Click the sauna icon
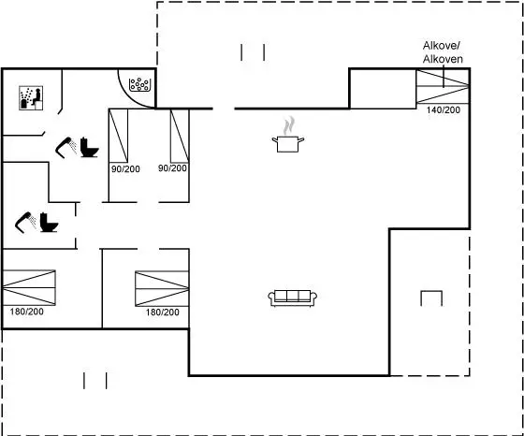coord(31,98)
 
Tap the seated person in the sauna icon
coord(36,97)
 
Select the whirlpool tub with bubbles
coord(140,84)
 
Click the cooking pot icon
coord(288,144)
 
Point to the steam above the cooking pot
coord(289,125)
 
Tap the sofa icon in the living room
coord(293,298)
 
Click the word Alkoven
coord(443,59)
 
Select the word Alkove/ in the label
coord(442,46)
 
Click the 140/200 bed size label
coord(444,109)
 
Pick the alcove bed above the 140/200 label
coord(443,86)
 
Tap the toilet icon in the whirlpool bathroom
coord(89,147)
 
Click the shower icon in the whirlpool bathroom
coord(65,147)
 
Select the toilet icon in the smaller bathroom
coord(49,222)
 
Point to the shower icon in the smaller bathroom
coord(26,222)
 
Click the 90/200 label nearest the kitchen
coord(172,168)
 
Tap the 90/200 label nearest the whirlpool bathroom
coord(125,169)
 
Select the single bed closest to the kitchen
coord(180,136)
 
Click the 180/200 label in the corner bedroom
coord(27,312)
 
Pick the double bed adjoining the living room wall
coord(162,289)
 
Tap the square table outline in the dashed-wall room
coord(431,298)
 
